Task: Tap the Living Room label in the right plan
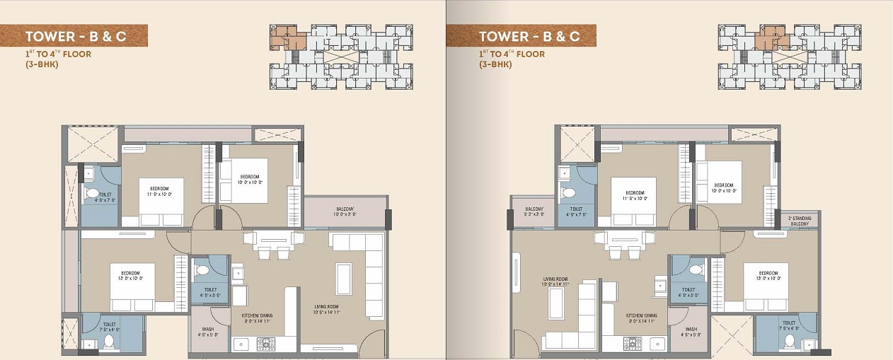555,281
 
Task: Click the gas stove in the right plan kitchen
631,344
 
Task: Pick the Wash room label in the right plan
691,331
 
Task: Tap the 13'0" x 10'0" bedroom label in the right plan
768,275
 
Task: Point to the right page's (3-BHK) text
495,64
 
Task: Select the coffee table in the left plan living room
344,278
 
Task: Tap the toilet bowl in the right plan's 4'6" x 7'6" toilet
568,192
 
